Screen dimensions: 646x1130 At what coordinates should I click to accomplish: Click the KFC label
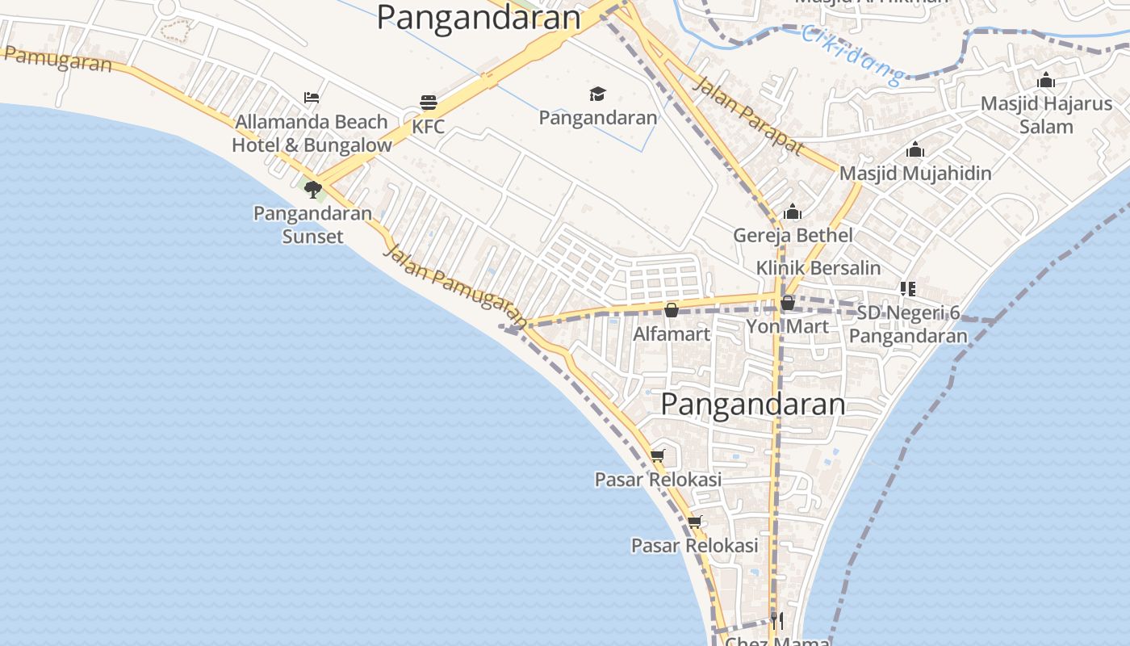[x=428, y=127]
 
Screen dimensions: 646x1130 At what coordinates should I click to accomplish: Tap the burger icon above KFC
[x=428, y=103]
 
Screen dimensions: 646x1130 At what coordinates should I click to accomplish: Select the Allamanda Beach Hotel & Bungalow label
[x=312, y=133]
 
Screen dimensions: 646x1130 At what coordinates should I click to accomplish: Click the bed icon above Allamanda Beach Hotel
[x=312, y=98]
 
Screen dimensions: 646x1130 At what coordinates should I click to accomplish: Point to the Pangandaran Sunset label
[x=312, y=224]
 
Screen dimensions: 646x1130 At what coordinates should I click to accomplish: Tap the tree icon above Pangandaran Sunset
[x=313, y=190]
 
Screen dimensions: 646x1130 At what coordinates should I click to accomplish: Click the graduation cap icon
[x=597, y=94]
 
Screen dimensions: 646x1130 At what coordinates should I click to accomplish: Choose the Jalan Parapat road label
[x=748, y=115]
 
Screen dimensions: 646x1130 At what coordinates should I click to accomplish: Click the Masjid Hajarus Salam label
[x=1046, y=115]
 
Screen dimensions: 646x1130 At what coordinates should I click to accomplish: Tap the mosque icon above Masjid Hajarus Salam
[x=1046, y=80]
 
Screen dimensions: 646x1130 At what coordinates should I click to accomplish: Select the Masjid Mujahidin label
[x=915, y=173]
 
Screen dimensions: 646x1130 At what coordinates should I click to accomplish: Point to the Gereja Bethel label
[x=793, y=235]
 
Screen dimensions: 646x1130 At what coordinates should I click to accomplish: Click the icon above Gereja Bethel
[x=793, y=212]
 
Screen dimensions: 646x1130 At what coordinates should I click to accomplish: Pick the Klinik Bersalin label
[x=818, y=267]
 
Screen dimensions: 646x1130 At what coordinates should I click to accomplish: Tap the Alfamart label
[x=672, y=333]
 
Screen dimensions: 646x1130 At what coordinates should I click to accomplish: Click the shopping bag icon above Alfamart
[x=671, y=310]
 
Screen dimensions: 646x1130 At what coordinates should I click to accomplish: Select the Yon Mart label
[x=787, y=326]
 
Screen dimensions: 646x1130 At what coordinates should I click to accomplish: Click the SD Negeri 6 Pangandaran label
[x=908, y=324]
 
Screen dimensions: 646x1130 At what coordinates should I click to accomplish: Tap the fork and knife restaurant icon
[x=776, y=620]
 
